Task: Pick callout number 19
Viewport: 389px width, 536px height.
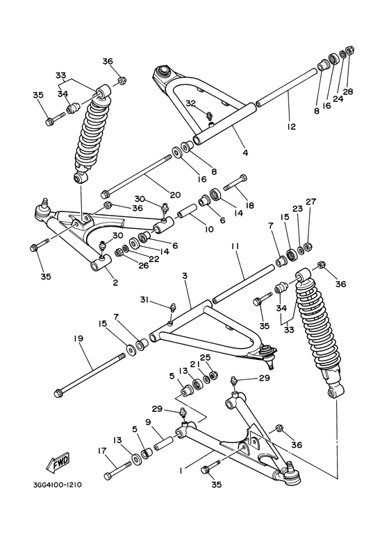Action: tap(78, 338)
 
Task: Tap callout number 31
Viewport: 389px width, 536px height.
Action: tap(142, 299)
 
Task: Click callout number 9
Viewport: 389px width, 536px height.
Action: tap(148, 421)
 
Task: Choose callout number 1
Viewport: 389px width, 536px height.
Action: tap(181, 470)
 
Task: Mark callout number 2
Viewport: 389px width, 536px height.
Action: tap(115, 282)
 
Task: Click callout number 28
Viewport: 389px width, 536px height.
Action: tap(349, 92)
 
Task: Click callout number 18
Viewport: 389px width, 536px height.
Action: tap(249, 206)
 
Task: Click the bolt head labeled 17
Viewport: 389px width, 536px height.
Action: tap(109, 476)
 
